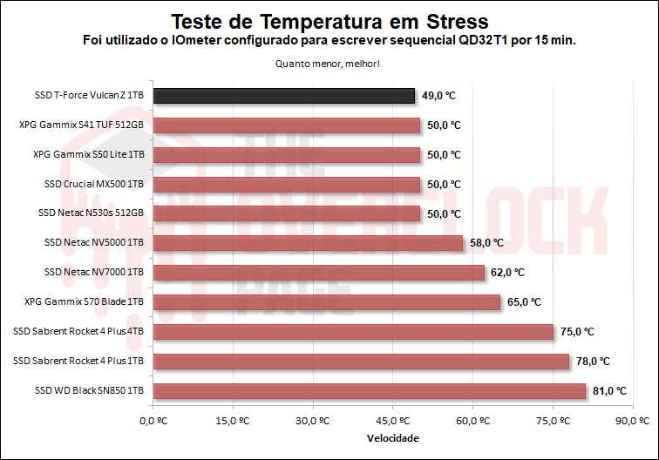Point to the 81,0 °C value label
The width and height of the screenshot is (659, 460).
pos(609,391)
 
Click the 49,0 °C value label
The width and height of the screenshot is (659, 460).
pos(438,96)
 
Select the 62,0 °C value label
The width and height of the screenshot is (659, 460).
pos(507,273)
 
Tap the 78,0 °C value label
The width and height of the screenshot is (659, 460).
pos(593,362)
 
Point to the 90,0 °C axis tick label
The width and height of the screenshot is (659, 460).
pos(633,421)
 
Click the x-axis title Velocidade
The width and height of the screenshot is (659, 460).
pos(393,437)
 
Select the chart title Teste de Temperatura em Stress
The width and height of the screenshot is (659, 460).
pos(329,20)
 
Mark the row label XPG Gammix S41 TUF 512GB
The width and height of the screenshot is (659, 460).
pos(81,125)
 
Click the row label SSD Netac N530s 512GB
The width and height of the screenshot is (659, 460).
pos(91,213)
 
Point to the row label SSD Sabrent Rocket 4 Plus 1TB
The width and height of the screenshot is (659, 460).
pos(78,361)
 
